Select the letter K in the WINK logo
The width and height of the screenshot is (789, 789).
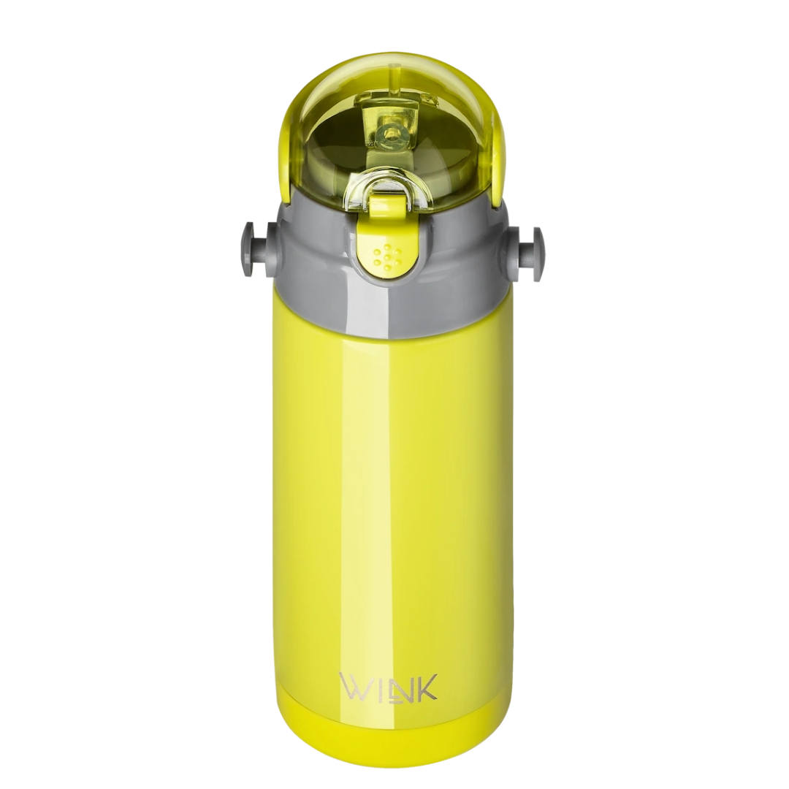pyautogui.click(x=426, y=687)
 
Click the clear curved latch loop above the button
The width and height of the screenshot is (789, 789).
pyautogui.click(x=392, y=187)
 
